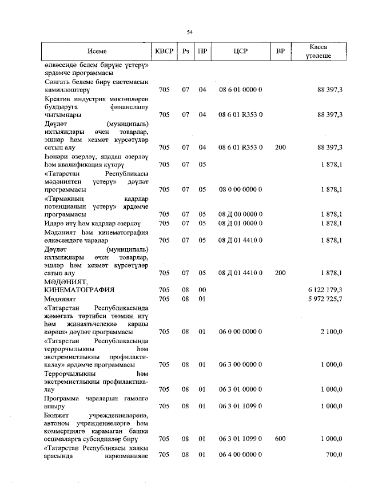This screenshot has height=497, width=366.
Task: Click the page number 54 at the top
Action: (189, 32)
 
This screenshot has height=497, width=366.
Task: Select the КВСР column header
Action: (164, 51)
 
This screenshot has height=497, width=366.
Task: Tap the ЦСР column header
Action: (240, 51)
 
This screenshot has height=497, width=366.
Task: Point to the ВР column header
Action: (280, 51)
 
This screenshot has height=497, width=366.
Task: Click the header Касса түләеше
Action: (319, 51)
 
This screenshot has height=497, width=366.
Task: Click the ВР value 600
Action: (280, 439)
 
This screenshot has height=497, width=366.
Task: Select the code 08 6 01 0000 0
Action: (240, 90)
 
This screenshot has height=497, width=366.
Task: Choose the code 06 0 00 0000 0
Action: (240, 332)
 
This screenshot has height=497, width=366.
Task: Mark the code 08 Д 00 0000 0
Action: (240, 214)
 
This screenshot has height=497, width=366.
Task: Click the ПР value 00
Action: (202, 290)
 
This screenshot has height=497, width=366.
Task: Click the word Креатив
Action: (56, 98)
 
